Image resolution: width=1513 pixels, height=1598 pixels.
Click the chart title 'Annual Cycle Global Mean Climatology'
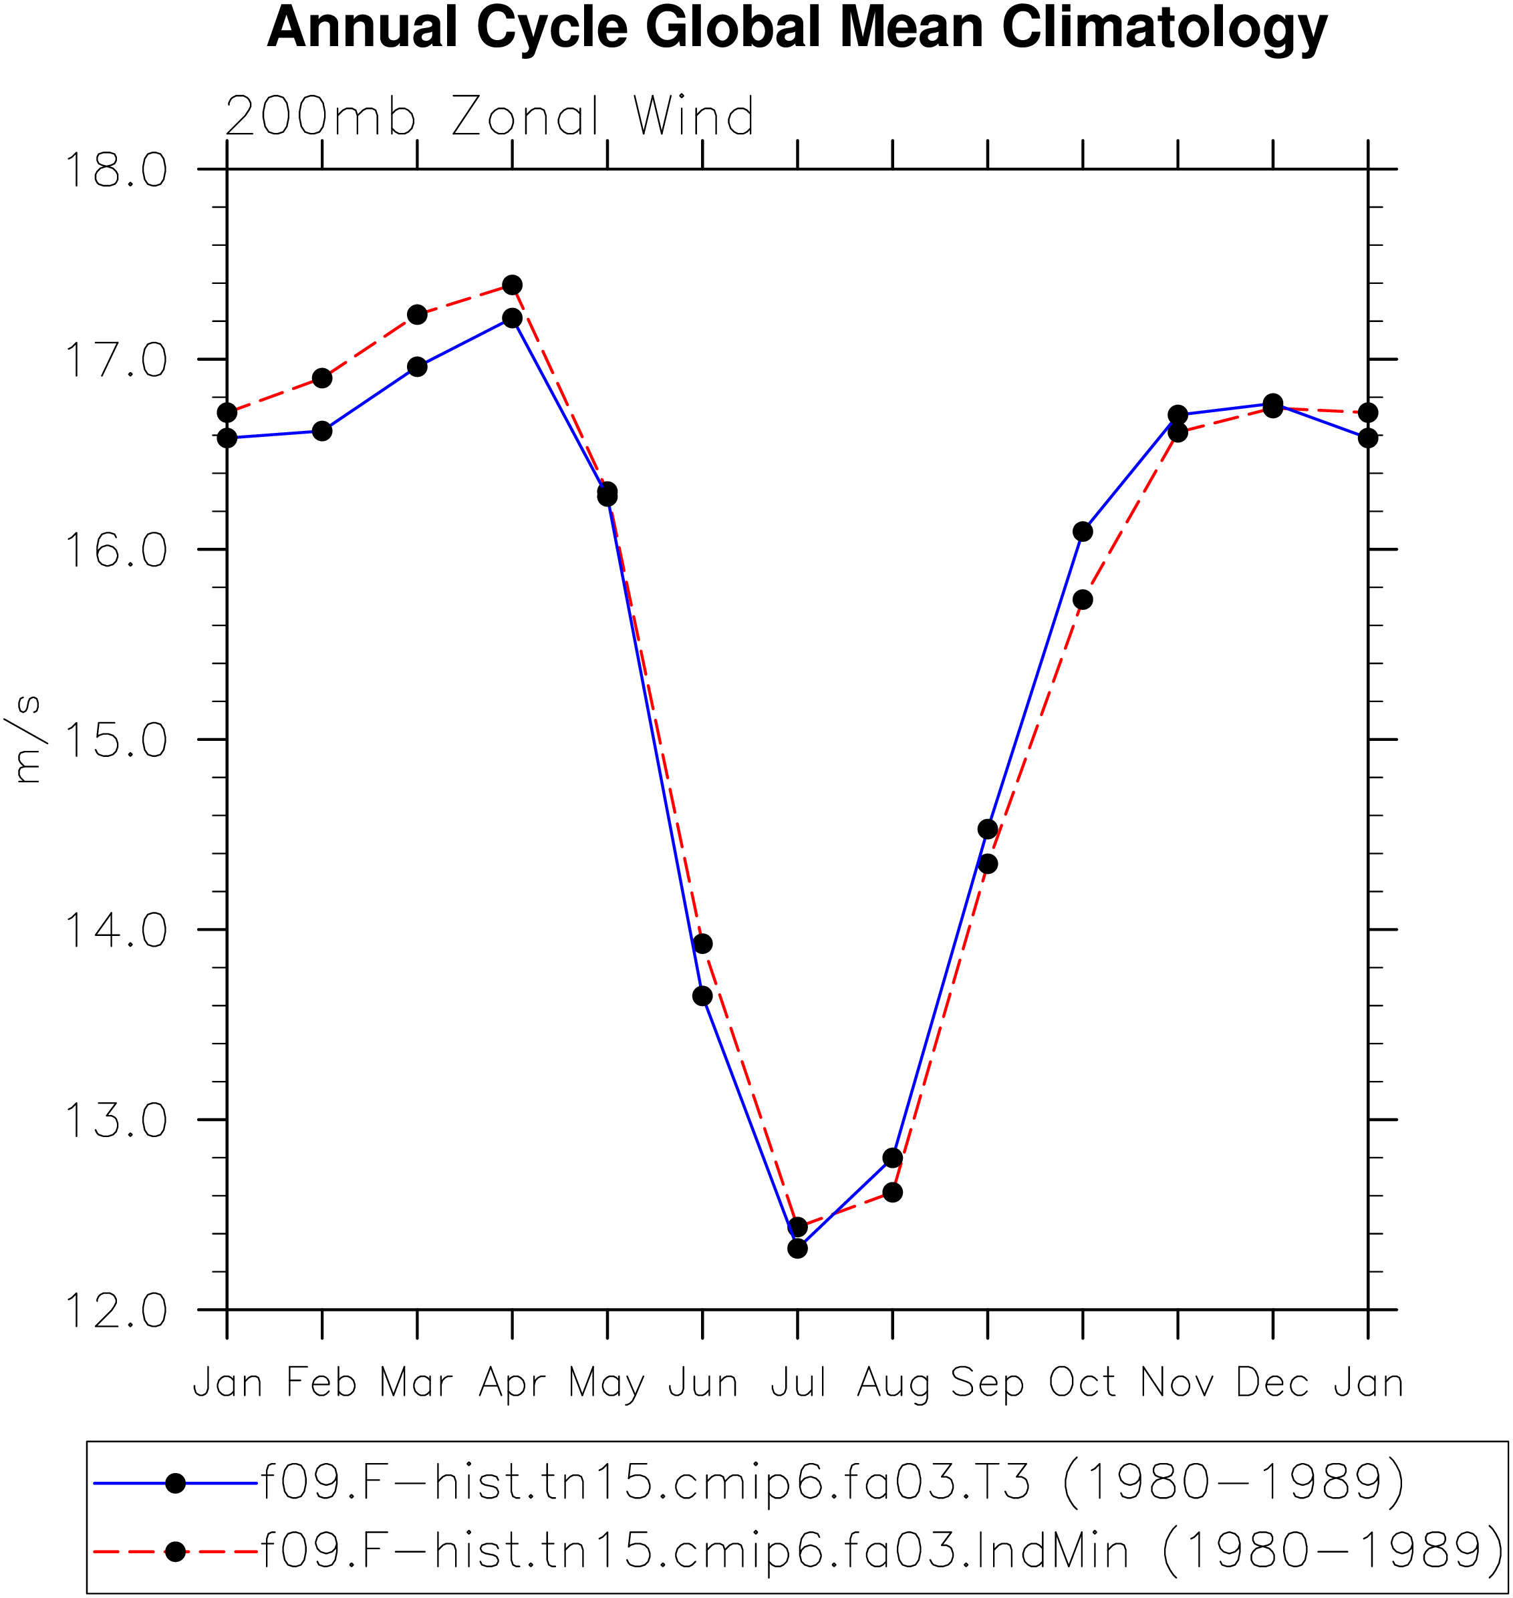pyautogui.click(x=797, y=29)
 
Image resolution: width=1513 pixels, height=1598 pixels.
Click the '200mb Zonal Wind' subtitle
pyautogui.click(x=490, y=117)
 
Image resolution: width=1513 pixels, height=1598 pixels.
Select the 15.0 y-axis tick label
pyautogui.click(x=116, y=740)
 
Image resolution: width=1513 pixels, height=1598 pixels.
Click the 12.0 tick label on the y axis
pyautogui.click(x=116, y=1310)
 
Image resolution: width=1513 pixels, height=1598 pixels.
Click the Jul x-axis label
pyautogui.click(x=798, y=1382)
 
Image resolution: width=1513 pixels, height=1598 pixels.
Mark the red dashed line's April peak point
pyautogui.click(x=512, y=285)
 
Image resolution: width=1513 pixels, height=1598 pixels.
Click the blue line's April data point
pyautogui.click(x=512, y=318)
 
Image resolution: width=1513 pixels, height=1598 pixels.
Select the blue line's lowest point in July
pyautogui.click(x=798, y=1248)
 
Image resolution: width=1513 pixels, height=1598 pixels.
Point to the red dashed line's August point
pyautogui.click(x=893, y=1192)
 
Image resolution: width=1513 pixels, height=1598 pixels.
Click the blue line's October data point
pyautogui.click(x=1083, y=531)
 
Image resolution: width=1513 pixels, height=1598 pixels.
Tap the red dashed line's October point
pyautogui.click(x=1083, y=599)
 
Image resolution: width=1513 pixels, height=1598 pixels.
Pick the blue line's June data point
pyautogui.click(x=702, y=995)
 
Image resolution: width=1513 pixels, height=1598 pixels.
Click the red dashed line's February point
pyautogui.click(x=322, y=378)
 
